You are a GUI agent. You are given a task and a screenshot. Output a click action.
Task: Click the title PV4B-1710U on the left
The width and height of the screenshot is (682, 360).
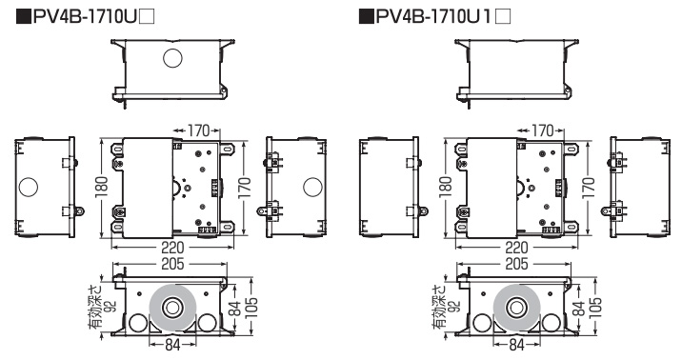86,16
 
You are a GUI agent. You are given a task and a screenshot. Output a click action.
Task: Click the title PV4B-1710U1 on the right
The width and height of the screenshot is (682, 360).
433,16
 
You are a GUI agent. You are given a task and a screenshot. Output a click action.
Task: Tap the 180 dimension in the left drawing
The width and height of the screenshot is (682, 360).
101,188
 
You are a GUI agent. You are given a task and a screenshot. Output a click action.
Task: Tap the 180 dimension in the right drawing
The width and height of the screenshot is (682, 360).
446,188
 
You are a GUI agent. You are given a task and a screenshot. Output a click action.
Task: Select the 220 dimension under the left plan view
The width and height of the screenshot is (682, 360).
172,248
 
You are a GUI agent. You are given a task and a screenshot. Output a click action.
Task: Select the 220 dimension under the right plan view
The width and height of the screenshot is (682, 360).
516,248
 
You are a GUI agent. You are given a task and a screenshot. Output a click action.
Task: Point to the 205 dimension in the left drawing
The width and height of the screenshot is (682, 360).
172,264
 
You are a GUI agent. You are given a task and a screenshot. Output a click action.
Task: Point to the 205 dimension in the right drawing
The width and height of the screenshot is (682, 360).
516,264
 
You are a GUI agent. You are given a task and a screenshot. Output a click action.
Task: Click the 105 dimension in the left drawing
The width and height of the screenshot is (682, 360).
251,308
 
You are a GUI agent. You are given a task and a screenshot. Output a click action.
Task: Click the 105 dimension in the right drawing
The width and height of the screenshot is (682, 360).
596,308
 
